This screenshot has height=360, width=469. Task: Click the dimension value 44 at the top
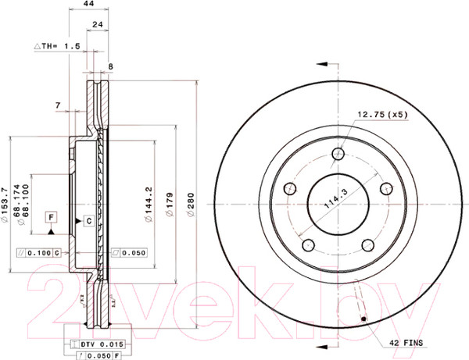(x=88, y=5)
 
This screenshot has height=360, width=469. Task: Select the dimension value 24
(x=98, y=25)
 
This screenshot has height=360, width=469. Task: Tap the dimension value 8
(x=110, y=67)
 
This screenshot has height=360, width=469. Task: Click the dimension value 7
(x=58, y=105)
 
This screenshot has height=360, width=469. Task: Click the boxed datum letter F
(x=51, y=216)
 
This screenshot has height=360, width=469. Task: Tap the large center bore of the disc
(x=338, y=204)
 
